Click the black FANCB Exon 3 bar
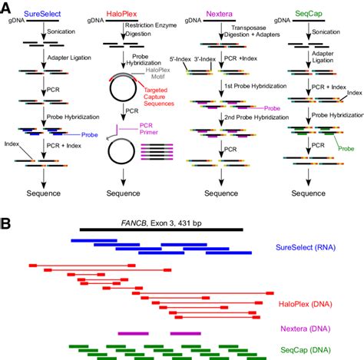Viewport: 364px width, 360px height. (161, 229)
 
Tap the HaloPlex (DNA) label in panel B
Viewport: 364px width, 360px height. (313, 304)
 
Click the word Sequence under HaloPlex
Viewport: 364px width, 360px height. (127, 195)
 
